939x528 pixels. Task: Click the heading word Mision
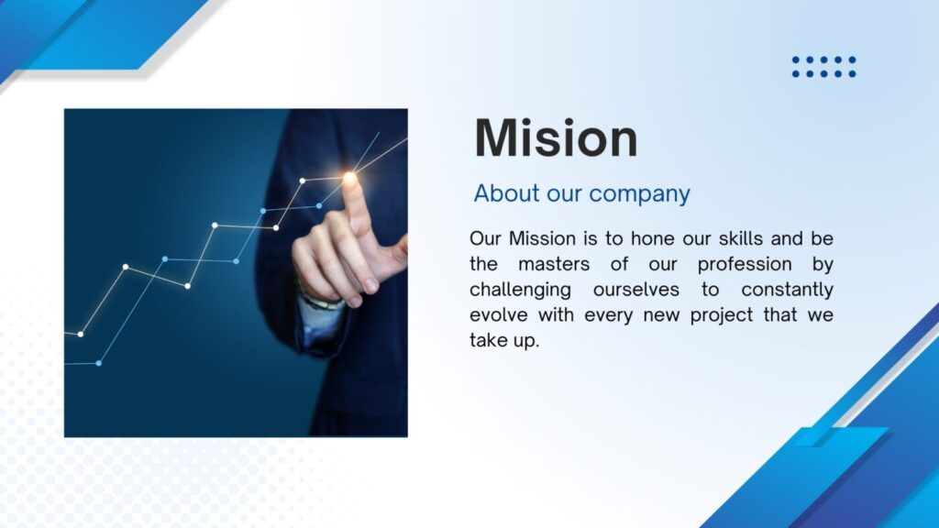click(556, 138)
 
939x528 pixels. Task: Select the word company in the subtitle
click(639, 194)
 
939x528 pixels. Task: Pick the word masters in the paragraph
click(554, 264)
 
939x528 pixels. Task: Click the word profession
click(745, 265)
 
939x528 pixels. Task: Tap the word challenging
click(520, 291)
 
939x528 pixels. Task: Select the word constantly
click(787, 291)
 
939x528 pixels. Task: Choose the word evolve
click(499, 315)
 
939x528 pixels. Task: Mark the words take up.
click(504, 341)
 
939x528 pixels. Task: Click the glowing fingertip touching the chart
click(349, 177)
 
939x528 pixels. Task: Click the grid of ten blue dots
click(823, 66)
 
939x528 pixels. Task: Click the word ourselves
click(636, 291)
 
